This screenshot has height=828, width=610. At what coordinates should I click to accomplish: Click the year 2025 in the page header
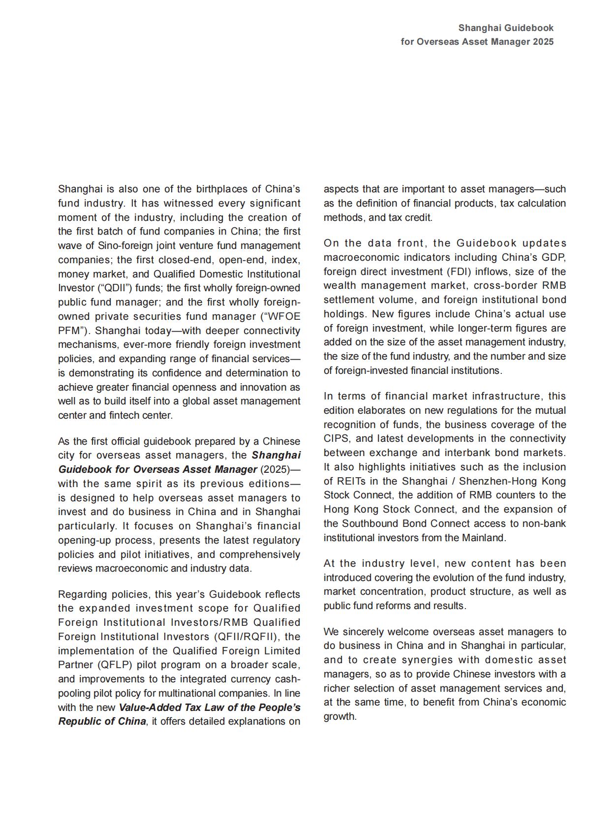543,42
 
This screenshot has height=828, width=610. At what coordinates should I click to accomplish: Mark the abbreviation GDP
555,257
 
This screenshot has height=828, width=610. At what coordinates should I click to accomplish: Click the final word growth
339,716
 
